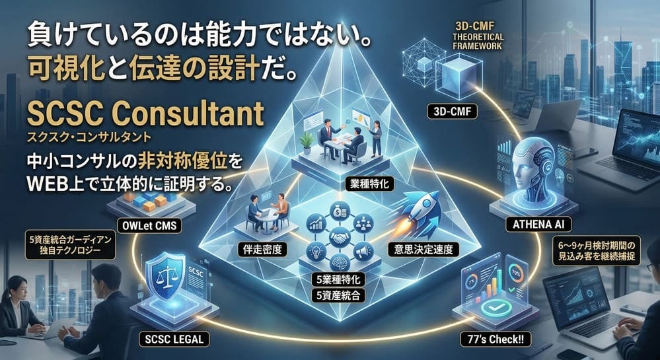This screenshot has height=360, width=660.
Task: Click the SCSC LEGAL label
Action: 176,340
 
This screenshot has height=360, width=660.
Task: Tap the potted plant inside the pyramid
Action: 305,141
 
